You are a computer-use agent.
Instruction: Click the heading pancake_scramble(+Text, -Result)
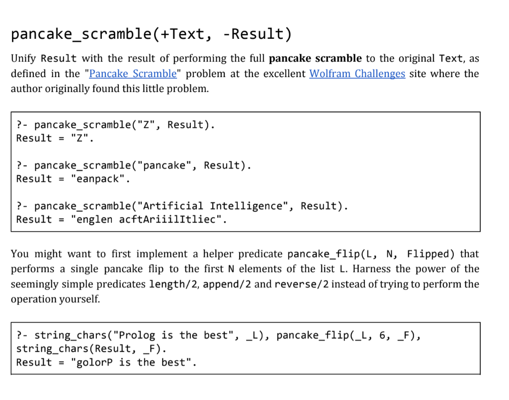(151, 34)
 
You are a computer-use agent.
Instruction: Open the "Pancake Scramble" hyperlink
(133, 74)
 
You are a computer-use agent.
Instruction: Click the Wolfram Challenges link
(357, 74)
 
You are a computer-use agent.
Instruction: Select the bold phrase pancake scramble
(315, 59)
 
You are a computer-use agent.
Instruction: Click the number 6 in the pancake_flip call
(382, 335)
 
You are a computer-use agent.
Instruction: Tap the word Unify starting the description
(23, 59)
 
